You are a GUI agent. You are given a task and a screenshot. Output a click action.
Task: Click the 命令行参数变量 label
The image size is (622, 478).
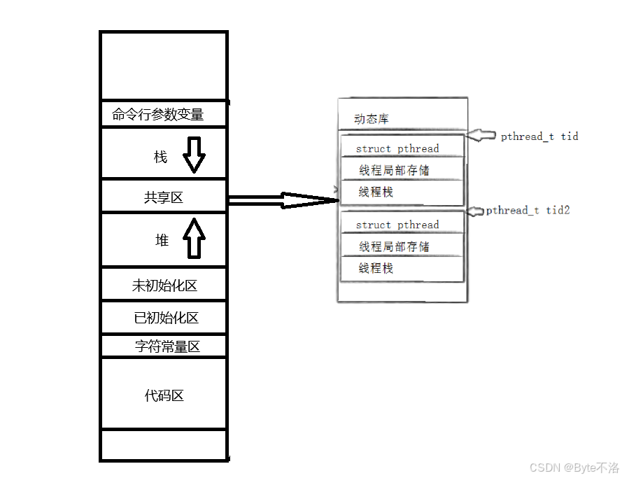pos(158,114)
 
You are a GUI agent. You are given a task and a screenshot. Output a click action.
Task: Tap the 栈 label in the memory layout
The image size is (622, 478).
pos(161,157)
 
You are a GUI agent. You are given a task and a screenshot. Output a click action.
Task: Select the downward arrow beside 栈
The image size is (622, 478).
pos(195,155)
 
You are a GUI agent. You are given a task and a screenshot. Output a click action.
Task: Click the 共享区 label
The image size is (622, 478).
pos(164,198)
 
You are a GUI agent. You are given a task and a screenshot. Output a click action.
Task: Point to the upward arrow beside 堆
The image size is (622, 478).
pos(195,238)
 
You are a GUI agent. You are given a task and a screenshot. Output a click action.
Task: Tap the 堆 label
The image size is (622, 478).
pos(162,241)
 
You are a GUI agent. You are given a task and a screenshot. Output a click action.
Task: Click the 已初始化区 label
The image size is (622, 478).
pos(167,318)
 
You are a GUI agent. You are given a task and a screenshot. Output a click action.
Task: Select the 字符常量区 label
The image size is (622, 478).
pos(168,346)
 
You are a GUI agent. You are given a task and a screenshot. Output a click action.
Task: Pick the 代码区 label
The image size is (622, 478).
pos(164,396)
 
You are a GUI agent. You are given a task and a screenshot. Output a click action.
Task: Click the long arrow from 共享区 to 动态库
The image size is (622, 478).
pos(283,200)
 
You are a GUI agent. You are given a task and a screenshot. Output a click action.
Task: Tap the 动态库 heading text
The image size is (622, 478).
pos(372,120)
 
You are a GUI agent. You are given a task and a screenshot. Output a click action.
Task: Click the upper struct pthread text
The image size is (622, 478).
pos(397,148)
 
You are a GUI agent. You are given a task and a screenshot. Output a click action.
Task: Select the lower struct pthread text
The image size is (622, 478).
pos(397,225)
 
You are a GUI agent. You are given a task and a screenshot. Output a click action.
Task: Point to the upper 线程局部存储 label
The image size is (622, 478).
pos(395,170)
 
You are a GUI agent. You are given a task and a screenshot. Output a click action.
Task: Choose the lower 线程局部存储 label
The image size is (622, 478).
pos(395,246)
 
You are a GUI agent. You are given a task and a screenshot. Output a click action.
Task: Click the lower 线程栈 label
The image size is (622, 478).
pos(376,268)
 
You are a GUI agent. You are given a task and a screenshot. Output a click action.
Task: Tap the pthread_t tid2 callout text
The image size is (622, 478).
pos(528,210)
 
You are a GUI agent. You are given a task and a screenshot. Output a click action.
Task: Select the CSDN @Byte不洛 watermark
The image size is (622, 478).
pos(574,468)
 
